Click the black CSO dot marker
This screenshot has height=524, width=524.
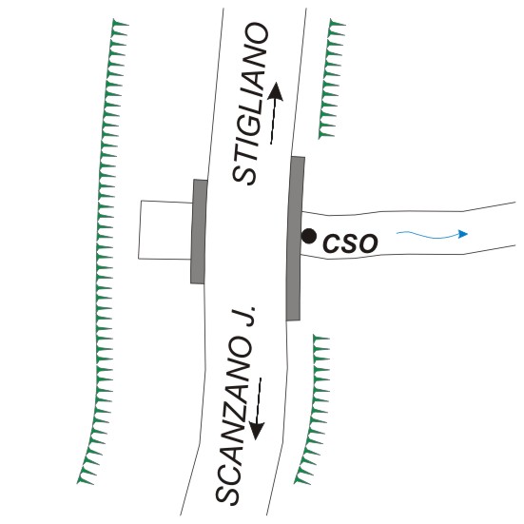click(308, 236)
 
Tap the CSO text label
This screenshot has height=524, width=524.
click(350, 243)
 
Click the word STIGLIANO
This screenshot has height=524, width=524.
click(251, 104)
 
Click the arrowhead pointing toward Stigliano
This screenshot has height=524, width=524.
click(277, 91)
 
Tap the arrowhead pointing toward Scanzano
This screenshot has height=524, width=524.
click(257, 431)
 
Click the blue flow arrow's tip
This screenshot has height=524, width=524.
click(467, 234)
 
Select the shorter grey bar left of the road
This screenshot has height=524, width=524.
click(199, 232)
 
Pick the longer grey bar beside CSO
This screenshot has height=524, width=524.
click(296, 239)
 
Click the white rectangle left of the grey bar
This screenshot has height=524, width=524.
click(165, 230)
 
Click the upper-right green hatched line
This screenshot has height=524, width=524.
click(331, 79)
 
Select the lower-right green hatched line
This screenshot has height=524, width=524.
click(313, 409)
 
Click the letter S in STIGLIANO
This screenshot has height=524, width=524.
click(244, 174)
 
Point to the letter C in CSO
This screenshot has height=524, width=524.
click(332, 243)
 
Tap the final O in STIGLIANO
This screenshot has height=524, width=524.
click(258, 33)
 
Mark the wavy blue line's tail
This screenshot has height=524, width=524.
click(397, 233)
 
